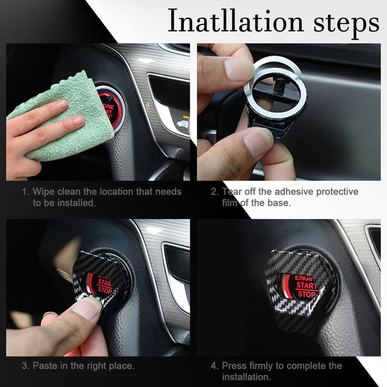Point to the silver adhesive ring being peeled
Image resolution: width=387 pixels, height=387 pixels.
point(276,73)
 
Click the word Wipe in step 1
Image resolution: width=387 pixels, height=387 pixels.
point(44,192)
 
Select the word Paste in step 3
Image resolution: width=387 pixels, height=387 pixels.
point(45,366)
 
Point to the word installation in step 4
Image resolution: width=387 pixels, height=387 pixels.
point(246,376)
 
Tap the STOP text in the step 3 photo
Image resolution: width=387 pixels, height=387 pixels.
point(104,289)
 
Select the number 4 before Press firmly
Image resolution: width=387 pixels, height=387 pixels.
point(213,366)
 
